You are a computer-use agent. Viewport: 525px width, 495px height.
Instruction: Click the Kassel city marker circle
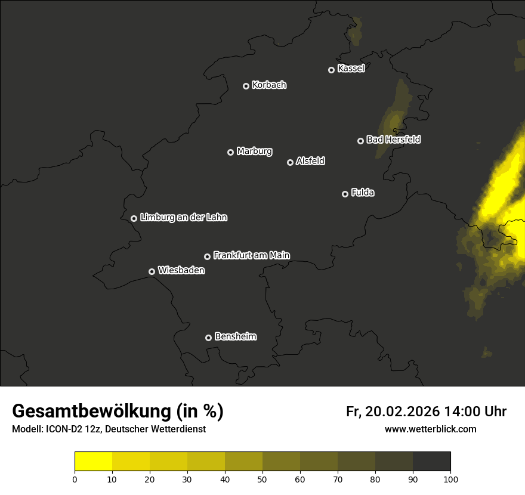tap(332, 70)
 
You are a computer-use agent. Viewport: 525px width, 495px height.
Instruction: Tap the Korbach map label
tap(269, 85)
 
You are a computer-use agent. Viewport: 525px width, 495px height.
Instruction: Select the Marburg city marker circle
tap(231, 152)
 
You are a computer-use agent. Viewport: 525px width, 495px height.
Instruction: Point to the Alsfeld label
tap(310, 161)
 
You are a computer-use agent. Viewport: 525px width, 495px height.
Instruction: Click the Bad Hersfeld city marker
tap(360, 141)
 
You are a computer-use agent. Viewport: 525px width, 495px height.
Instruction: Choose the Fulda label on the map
tap(363, 193)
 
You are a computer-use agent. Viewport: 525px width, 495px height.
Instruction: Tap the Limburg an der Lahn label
tap(184, 217)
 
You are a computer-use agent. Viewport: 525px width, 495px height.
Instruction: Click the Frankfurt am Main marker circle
tap(208, 256)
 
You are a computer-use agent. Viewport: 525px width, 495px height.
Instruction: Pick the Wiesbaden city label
tap(181, 270)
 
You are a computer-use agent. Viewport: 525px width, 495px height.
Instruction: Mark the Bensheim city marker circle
tap(208, 338)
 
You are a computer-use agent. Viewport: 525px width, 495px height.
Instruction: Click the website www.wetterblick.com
tap(431, 429)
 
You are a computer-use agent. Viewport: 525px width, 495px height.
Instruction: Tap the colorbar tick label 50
tap(262, 479)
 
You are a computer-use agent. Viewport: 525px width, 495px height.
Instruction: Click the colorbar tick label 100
tap(450, 479)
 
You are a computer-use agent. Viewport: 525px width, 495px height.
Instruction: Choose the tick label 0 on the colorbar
tap(75, 479)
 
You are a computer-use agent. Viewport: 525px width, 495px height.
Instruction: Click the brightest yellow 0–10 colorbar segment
tap(94, 462)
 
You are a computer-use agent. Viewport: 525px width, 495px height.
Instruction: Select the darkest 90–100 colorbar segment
tap(432, 462)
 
